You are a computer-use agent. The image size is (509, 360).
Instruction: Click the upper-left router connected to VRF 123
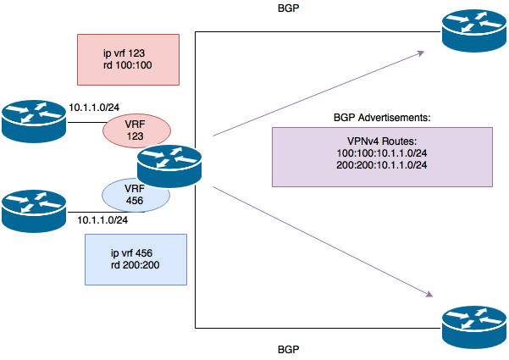(35, 119)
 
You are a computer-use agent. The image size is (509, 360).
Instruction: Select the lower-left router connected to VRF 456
(35, 209)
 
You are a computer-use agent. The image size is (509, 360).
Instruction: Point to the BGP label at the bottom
(290, 348)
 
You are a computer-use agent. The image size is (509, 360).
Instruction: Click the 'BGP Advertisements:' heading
(382, 115)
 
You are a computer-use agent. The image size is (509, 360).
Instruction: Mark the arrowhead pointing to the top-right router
(420, 53)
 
